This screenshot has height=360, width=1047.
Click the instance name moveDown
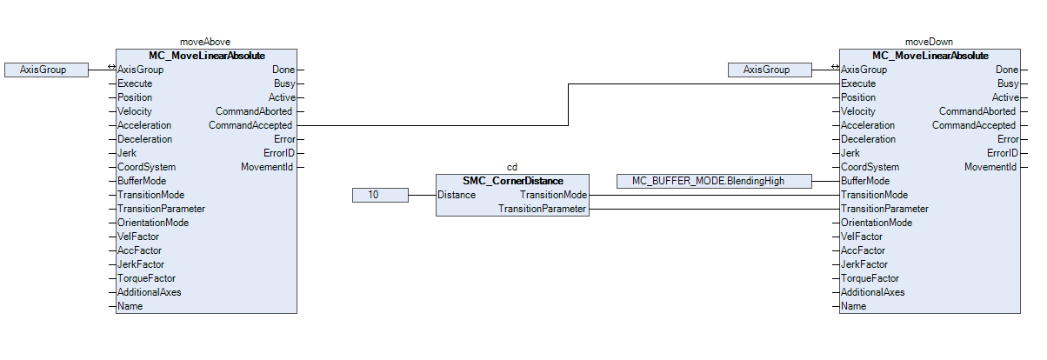(929, 41)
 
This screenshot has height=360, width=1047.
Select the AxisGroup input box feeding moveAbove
(46, 70)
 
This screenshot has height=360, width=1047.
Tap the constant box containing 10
(380, 195)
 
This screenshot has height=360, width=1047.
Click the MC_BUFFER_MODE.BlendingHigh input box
(713, 181)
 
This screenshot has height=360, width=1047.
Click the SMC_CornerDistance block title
(512, 181)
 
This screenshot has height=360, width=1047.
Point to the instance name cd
(512, 166)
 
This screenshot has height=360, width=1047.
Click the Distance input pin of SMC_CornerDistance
(457, 195)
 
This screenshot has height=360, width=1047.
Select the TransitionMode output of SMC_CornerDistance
(553, 195)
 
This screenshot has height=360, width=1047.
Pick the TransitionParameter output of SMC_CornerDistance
(542, 209)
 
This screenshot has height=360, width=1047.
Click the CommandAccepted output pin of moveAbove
(250, 125)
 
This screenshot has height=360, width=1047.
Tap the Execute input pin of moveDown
(858, 83)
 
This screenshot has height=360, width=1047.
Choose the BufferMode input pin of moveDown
(865, 181)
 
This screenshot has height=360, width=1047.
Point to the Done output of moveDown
(1007, 70)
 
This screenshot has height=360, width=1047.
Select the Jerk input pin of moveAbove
(128, 153)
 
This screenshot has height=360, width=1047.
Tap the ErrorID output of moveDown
(1003, 153)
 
